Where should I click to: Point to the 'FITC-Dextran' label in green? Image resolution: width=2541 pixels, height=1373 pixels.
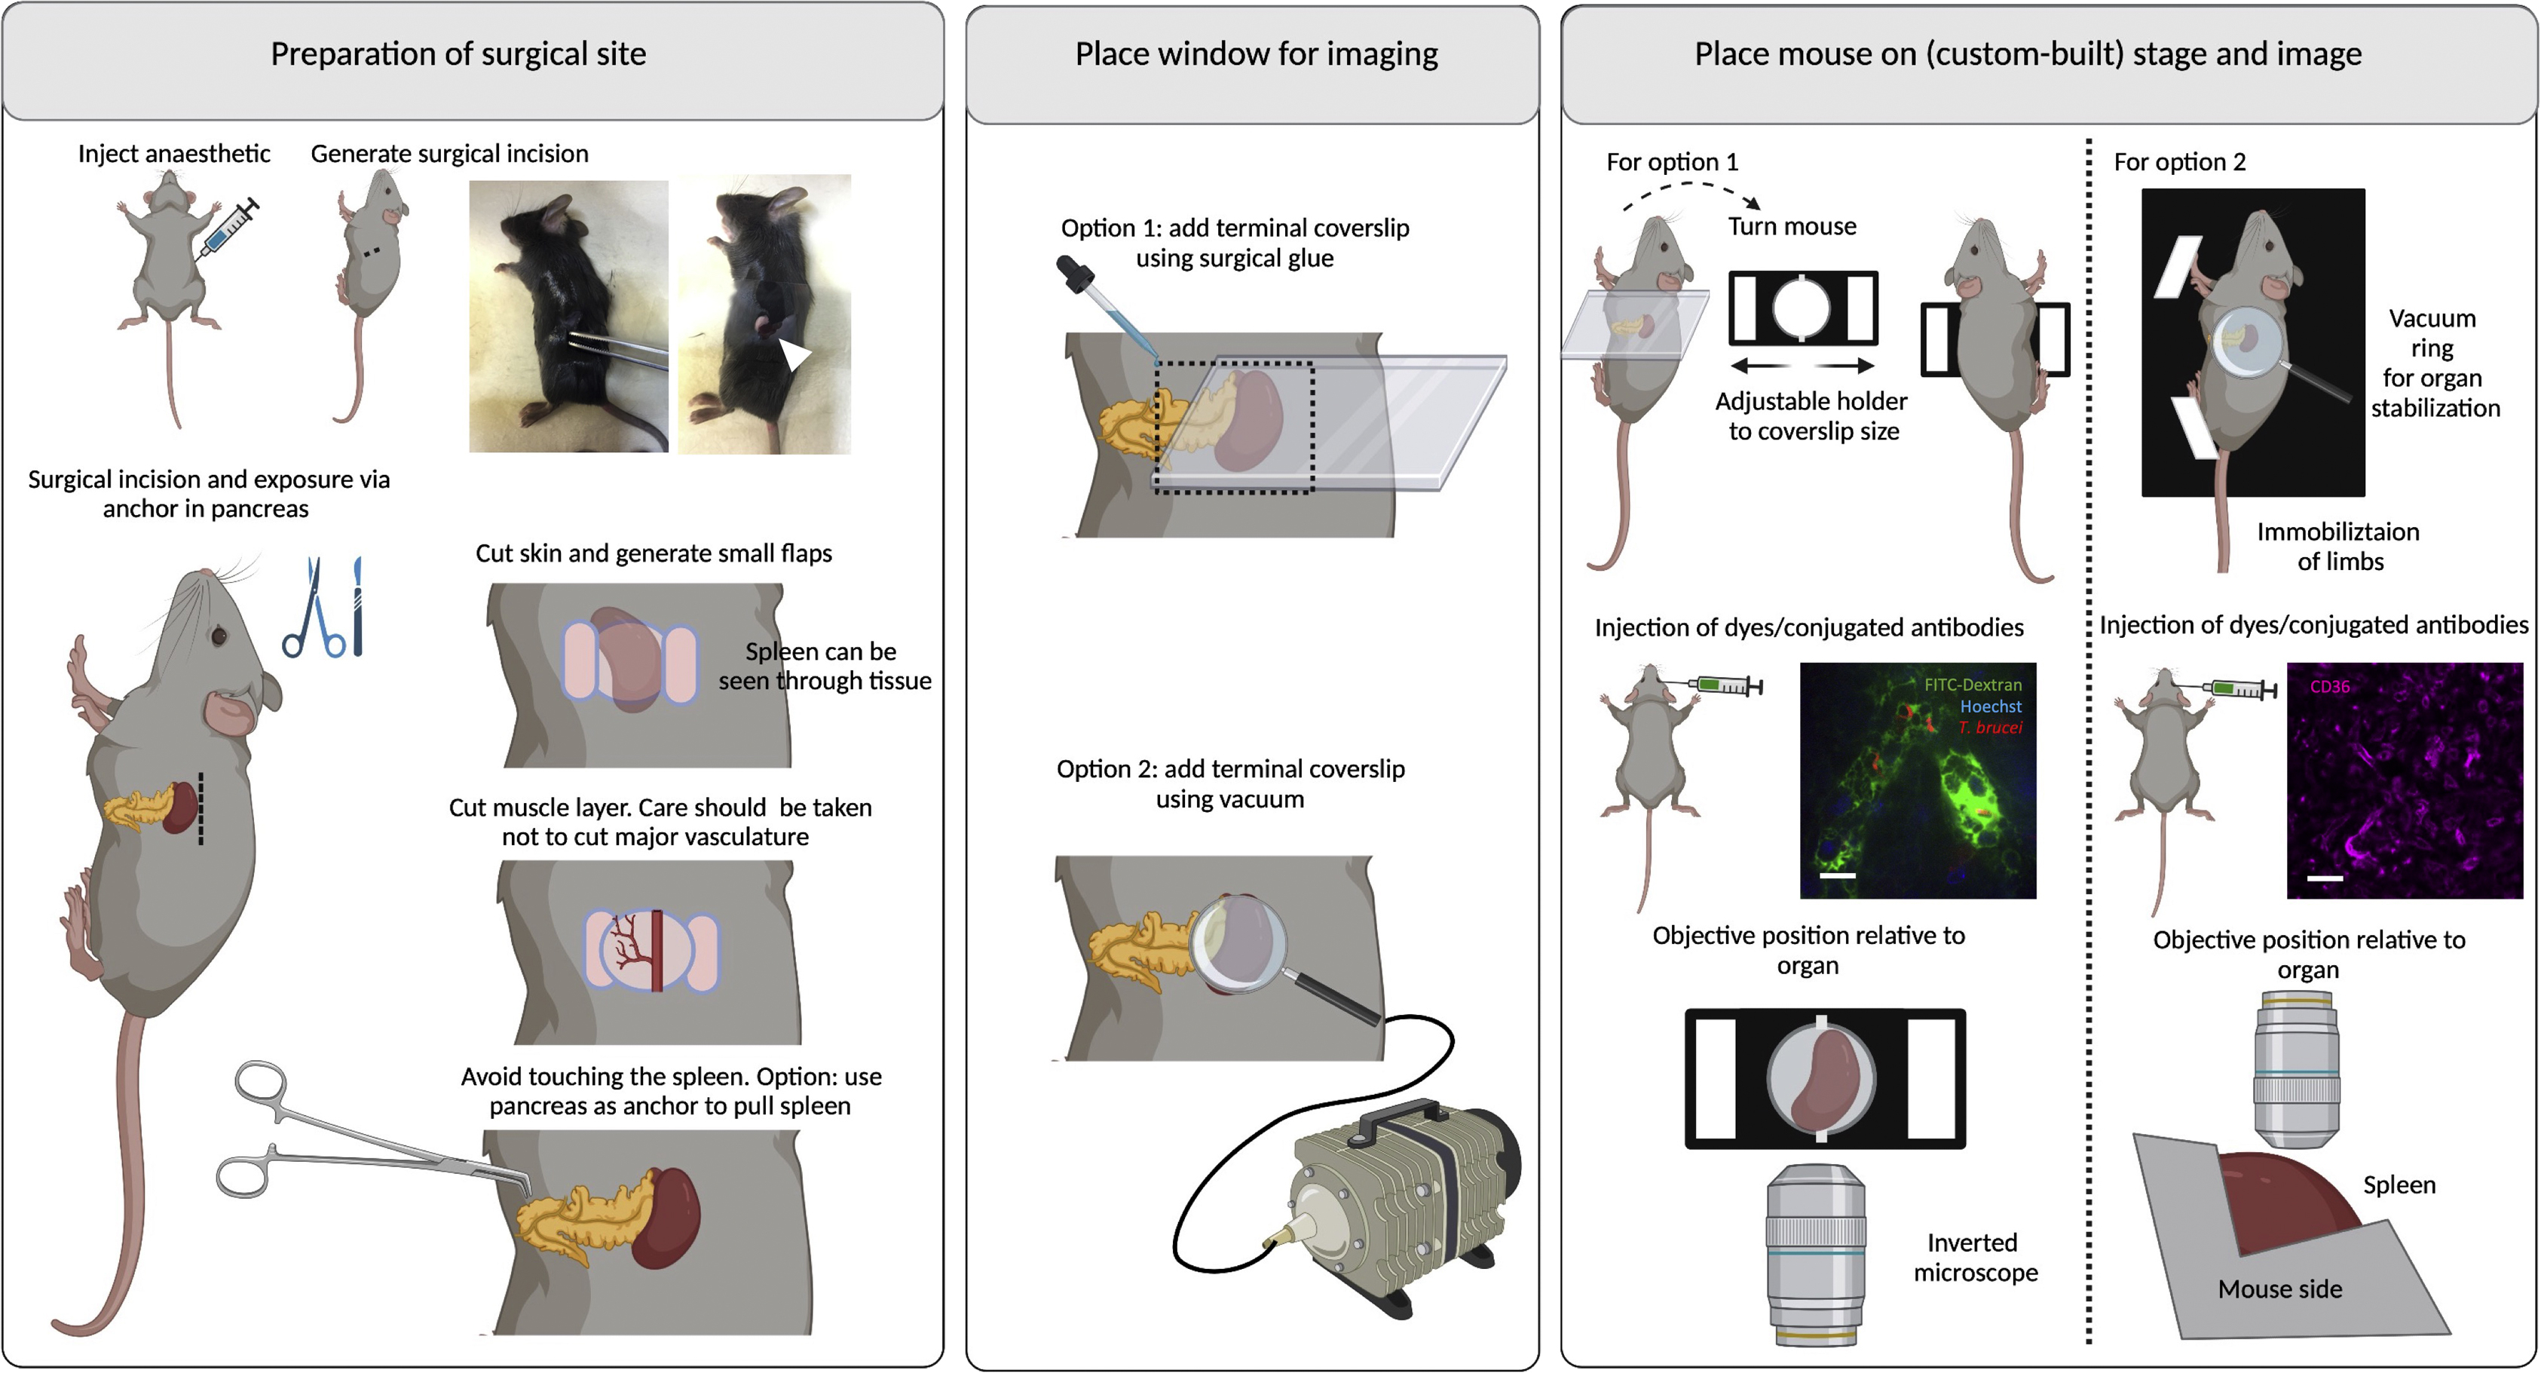click(x=1972, y=685)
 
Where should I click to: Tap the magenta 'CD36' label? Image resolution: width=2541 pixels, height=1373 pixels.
click(x=2329, y=686)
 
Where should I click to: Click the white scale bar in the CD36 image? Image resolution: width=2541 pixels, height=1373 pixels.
click(x=2324, y=878)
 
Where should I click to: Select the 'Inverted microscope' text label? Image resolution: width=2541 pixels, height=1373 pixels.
click(x=1975, y=1258)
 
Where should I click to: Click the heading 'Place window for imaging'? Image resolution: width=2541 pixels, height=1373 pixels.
click(x=1256, y=54)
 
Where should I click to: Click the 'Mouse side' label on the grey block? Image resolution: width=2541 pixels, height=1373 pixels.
click(x=2279, y=1289)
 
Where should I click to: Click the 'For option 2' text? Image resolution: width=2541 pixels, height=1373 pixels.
click(x=2179, y=162)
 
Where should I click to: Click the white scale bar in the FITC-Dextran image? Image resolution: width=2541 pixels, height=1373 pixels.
click(x=1837, y=875)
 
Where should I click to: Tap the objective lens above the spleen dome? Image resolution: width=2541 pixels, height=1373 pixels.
click(x=2295, y=1070)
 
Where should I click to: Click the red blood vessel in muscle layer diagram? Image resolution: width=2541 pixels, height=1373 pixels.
click(x=656, y=951)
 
